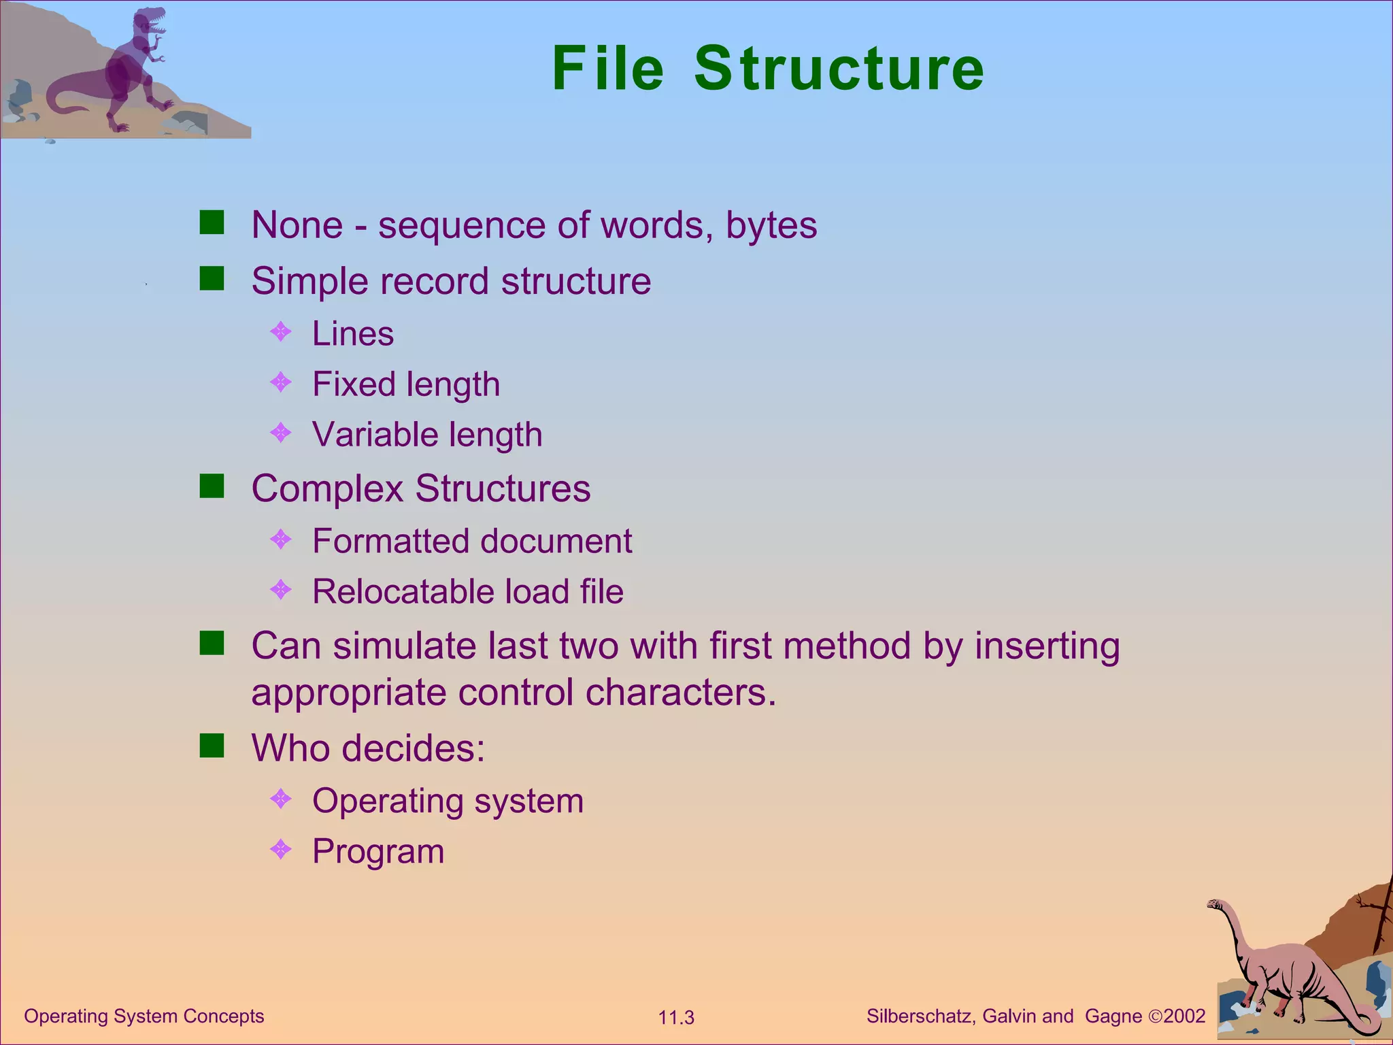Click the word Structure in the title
coord(839,68)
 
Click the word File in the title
coord(607,68)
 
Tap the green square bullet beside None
coord(212,222)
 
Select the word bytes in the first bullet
coord(771,225)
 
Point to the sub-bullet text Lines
coord(353,334)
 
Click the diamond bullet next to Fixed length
coord(281,382)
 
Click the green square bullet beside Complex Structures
coord(212,486)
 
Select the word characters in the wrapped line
coord(680,693)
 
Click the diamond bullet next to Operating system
coord(281,799)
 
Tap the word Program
coord(378,851)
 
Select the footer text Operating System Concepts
coord(144,1016)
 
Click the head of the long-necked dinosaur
coord(1215,904)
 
